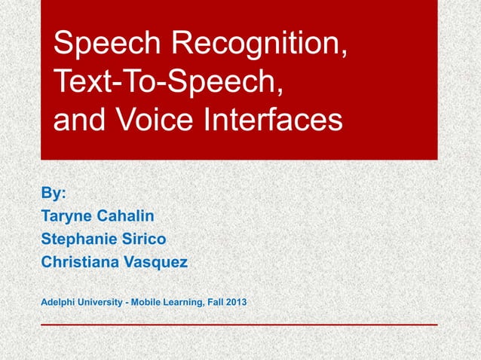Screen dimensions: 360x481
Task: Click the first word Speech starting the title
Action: pos(106,47)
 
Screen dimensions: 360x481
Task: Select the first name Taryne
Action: pos(66,216)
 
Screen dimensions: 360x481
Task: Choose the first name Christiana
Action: pos(80,263)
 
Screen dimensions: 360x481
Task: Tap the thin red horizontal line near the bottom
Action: pos(239,325)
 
